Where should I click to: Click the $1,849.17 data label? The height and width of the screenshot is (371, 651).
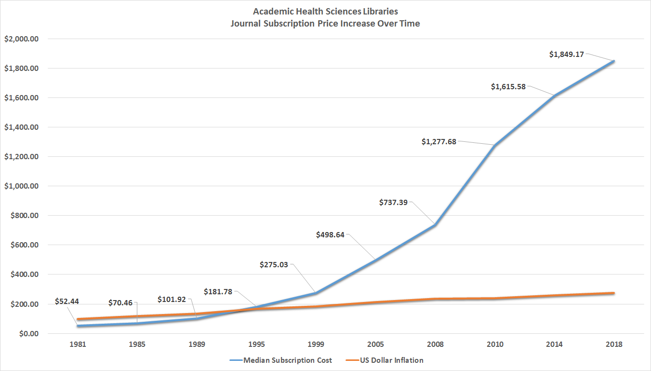[566, 55]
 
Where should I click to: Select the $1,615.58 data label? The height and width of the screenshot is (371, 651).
[508, 87]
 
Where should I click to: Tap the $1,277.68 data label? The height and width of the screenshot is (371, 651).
[438, 142]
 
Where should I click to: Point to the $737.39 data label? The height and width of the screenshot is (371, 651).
[393, 203]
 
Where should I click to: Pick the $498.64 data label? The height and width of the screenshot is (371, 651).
[330, 235]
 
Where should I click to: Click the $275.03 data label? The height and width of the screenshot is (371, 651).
[274, 264]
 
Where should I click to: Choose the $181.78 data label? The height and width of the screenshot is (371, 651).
[217, 291]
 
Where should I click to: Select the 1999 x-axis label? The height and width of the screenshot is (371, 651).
[316, 344]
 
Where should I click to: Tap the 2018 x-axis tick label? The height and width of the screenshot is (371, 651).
[614, 344]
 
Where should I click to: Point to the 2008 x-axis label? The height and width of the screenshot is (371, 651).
[435, 344]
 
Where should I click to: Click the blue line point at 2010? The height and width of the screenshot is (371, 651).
[495, 145]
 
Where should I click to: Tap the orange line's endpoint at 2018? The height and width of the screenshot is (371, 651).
[614, 293]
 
